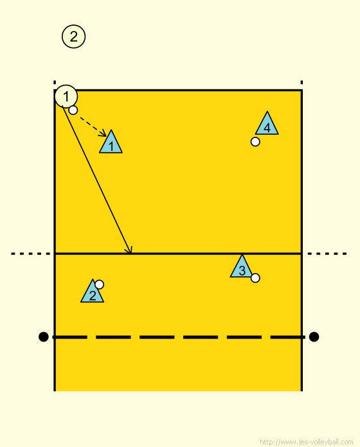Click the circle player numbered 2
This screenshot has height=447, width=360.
click(x=73, y=37)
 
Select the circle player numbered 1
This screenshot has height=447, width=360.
click(x=66, y=96)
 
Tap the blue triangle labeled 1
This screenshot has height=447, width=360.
click(x=111, y=143)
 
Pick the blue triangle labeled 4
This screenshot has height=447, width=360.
click(x=267, y=125)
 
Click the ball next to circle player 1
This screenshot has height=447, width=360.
click(x=73, y=110)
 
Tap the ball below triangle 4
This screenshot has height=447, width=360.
click(x=255, y=142)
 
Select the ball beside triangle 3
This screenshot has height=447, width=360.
click(x=255, y=277)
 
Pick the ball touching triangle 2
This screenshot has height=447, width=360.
click(x=99, y=285)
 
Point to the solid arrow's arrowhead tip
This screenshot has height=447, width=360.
click(x=131, y=253)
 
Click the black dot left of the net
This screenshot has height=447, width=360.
click(x=43, y=337)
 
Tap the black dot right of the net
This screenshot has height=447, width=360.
click(x=314, y=337)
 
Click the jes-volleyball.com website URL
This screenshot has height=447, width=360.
click(x=307, y=442)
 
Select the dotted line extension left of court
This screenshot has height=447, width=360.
click(x=30, y=254)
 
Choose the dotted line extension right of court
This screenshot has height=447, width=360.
click(x=327, y=254)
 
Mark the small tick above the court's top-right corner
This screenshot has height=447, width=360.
click(x=301, y=82)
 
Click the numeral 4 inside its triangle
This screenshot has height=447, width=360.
click(x=267, y=128)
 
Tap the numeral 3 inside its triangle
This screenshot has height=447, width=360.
click(x=242, y=270)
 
